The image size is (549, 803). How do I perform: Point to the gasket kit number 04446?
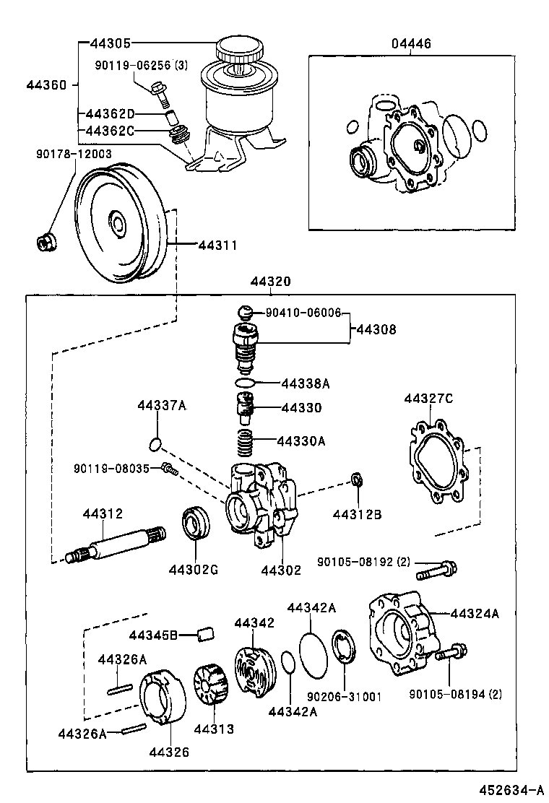pyautogui.click(x=411, y=44)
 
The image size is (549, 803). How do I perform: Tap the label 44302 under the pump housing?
pyautogui.click(x=281, y=570)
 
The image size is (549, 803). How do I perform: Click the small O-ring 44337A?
pyautogui.click(x=155, y=443)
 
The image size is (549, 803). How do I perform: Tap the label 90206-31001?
pyautogui.click(x=344, y=696)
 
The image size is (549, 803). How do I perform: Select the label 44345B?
pyautogui.click(x=153, y=635)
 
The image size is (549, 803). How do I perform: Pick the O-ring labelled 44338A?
pyautogui.click(x=246, y=382)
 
